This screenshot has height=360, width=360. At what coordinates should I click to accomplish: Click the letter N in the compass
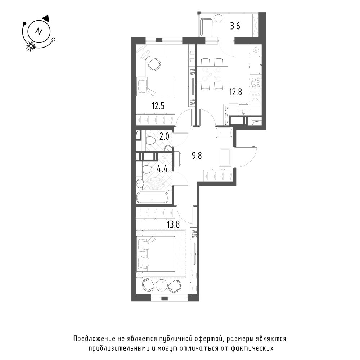pyautogui.click(x=39, y=31)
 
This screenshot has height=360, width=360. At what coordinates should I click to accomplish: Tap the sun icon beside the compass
pyautogui.click(x=31, y=46)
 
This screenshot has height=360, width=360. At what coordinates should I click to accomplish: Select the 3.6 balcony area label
pyautogui.click(x=235, y=26)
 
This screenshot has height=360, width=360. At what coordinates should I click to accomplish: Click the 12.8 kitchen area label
pyautogui.click(x=235, y=92)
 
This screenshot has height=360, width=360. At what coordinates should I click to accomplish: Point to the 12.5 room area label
pyautogui.click(x=158, y=106)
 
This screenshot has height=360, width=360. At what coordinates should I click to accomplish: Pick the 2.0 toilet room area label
pyautogui.click(x=164, y=136)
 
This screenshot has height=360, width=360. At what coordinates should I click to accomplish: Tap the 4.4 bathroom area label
pyautogui.click(x=162, y=169)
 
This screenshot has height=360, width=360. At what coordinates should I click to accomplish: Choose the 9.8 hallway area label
pyautogui.click(x=197, y=156)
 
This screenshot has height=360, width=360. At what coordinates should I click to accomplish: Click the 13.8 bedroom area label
pyautogui.click(x=173, y=224)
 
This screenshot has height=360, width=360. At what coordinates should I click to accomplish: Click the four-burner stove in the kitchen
pyautogui.click(x=256, y=83)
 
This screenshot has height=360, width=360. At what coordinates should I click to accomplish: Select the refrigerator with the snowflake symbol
pyautogui.click(x=256, y=50)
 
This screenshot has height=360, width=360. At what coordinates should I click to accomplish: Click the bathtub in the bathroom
pyautogui.click(x=152, y=198)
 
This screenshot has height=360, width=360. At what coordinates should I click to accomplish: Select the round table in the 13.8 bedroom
pyautogui.click(x=162, y=285)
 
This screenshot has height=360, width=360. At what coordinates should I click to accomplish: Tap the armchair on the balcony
pyautogui.click(x=206, y=27)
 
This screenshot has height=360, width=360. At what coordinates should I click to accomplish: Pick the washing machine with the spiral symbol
pyautogui.click(x=165, y=156)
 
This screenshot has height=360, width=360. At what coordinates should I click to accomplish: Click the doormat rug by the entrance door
pyautogui.click(x=225, y=157)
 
